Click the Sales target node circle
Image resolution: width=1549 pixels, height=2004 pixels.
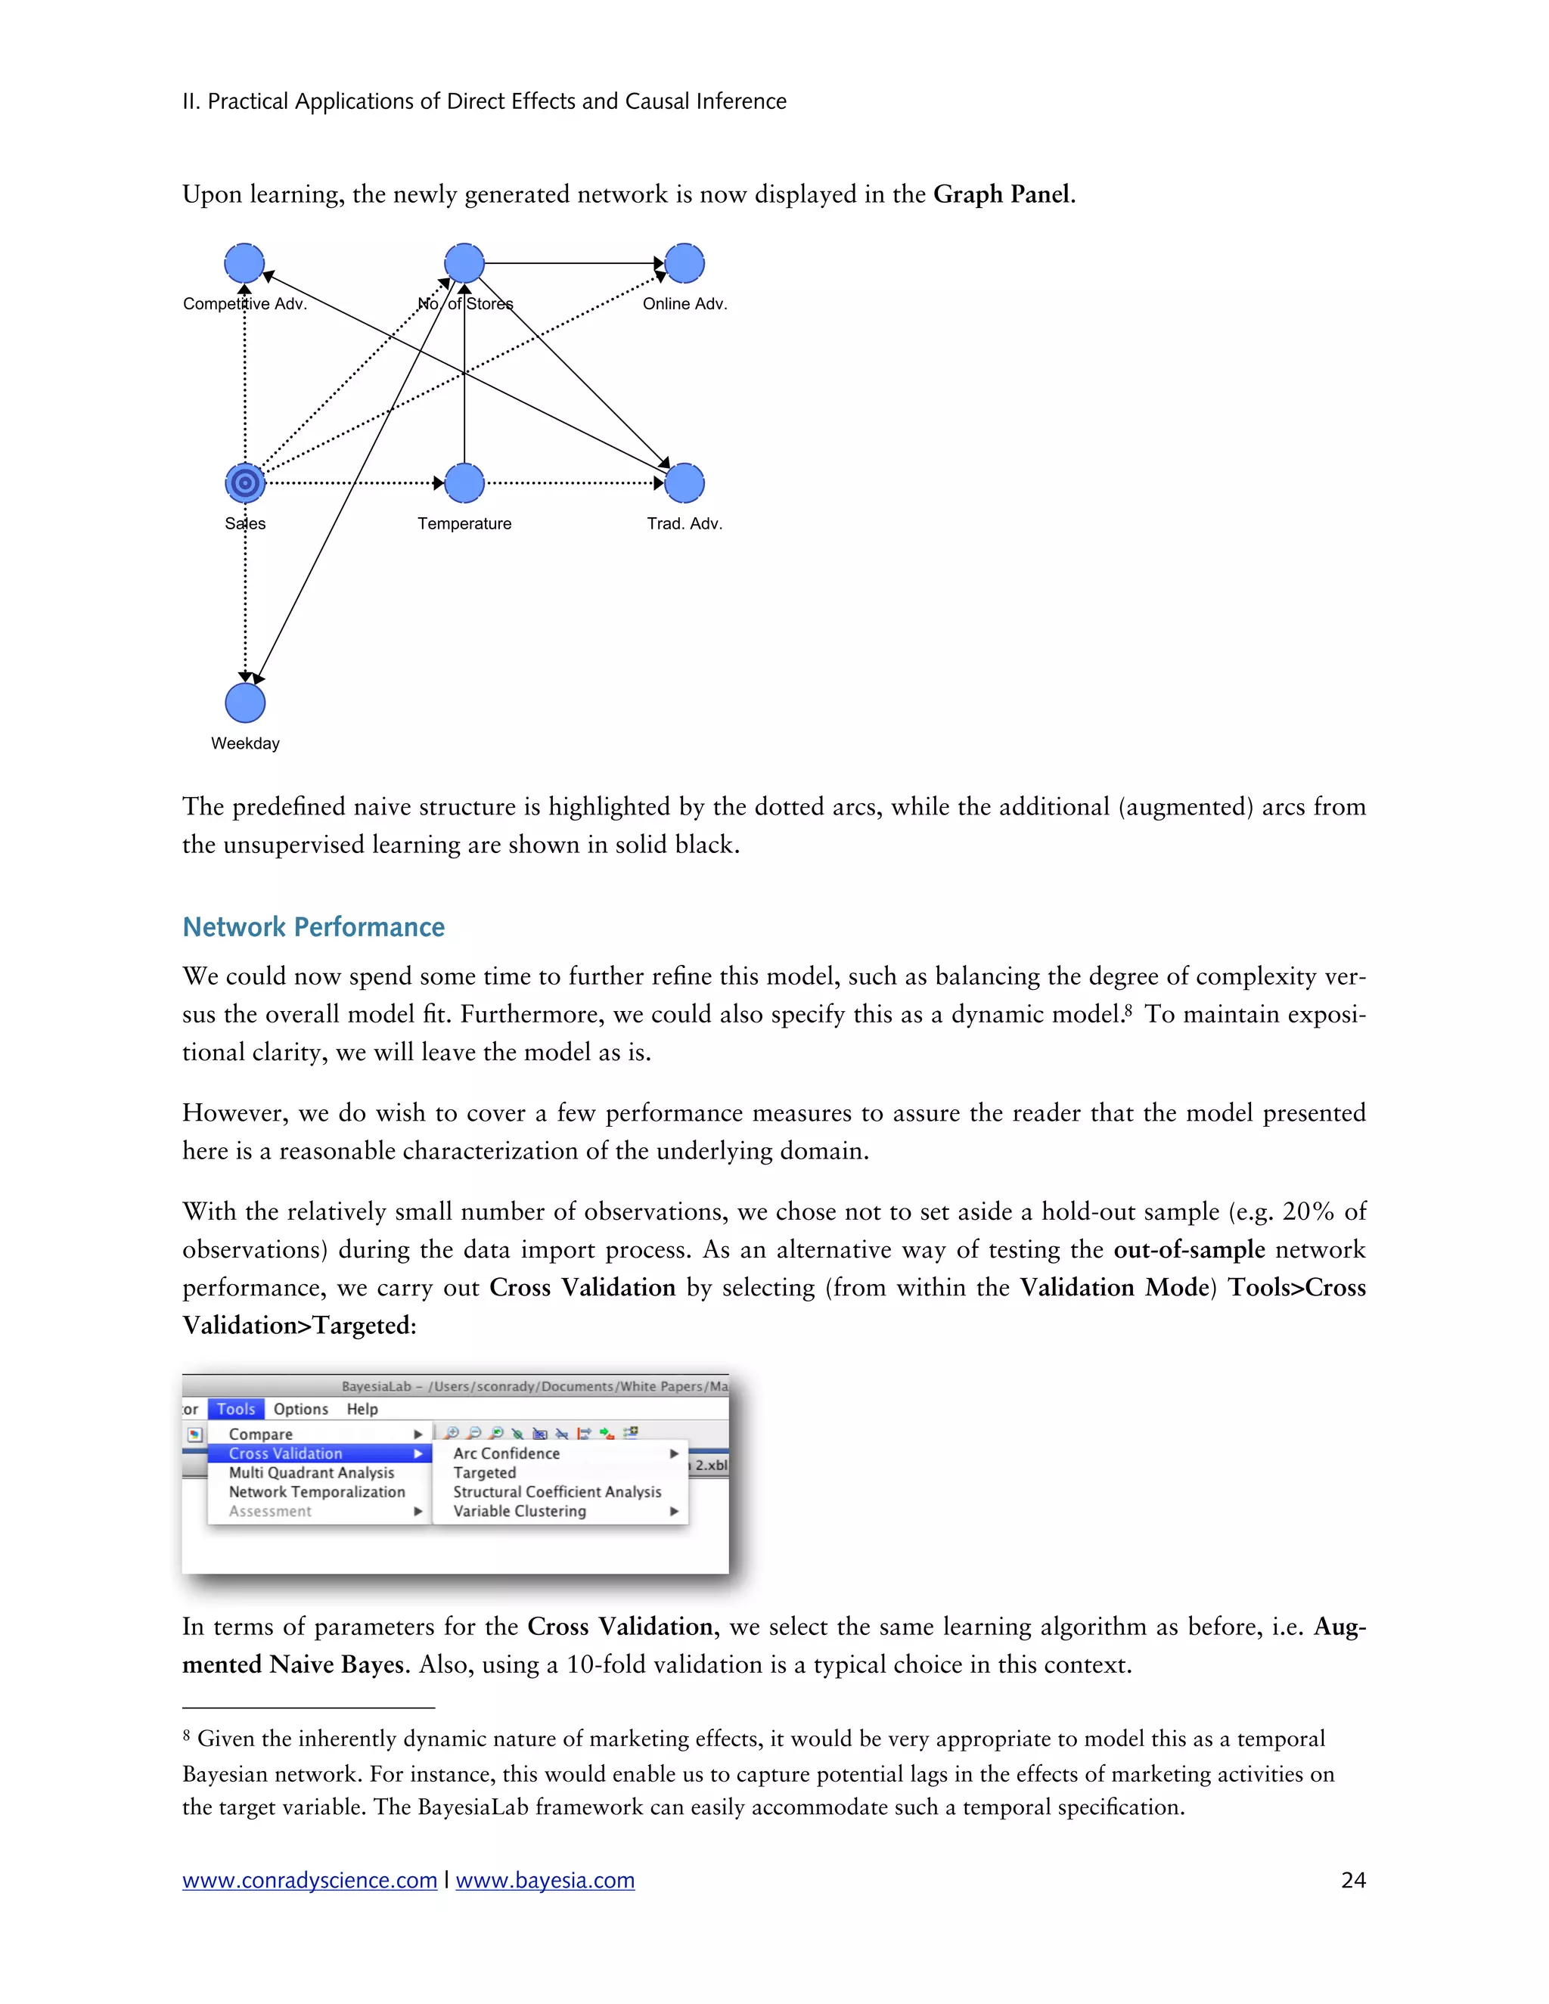tap(245, 482)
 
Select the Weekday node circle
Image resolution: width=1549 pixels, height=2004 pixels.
tap(245, 703)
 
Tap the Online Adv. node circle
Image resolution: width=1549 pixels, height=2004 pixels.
tap(684, 263)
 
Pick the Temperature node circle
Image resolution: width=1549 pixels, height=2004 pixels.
tap(464, 482)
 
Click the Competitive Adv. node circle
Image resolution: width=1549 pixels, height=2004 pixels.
tap(244, 263)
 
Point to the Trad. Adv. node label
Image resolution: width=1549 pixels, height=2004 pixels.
tap(684, 524)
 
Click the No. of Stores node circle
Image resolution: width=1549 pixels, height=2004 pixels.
tap(464, 263)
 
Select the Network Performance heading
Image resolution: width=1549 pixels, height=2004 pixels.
tap(313, 927)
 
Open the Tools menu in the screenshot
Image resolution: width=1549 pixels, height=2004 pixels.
tap(236, 1409)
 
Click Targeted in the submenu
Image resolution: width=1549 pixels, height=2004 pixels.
tap(485, 1472)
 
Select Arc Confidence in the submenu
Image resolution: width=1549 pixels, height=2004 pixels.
tap(507, 1453)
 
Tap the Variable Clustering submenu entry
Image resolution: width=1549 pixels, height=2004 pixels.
tap(520, 1511)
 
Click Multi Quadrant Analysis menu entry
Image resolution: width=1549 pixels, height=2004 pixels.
tap(311, 1472)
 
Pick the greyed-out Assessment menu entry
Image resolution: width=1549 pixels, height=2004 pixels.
tap(270, 1511)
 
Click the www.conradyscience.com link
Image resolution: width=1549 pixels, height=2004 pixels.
tap(309, 1881)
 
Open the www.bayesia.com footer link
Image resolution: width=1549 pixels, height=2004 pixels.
tap(545, 1881)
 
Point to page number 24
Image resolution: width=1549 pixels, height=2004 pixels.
tap(1352, 1881)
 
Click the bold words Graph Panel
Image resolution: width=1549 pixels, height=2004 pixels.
tap(1002, 194)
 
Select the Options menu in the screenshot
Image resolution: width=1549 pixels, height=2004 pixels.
tap(300, 1409)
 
